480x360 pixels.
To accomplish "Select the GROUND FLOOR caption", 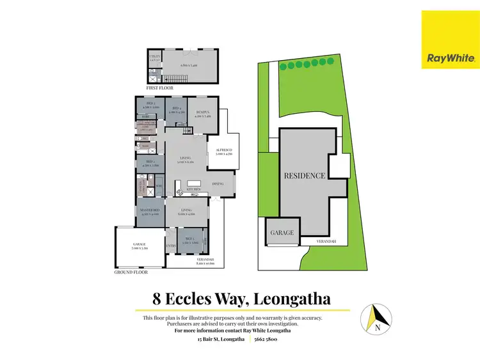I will (x=131, y=272).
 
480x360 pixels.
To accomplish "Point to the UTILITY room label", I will (x=154, y=56).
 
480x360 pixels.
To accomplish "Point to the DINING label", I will (x=218, y=184).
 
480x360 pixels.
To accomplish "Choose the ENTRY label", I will (x=171, y=245).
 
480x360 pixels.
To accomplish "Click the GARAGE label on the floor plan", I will (x=139, y=244).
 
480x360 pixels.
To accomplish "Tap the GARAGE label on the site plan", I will (x=281, y=233).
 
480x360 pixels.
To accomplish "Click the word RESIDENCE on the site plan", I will (x=305, y=175).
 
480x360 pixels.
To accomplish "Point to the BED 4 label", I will (x=176, y=109).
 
